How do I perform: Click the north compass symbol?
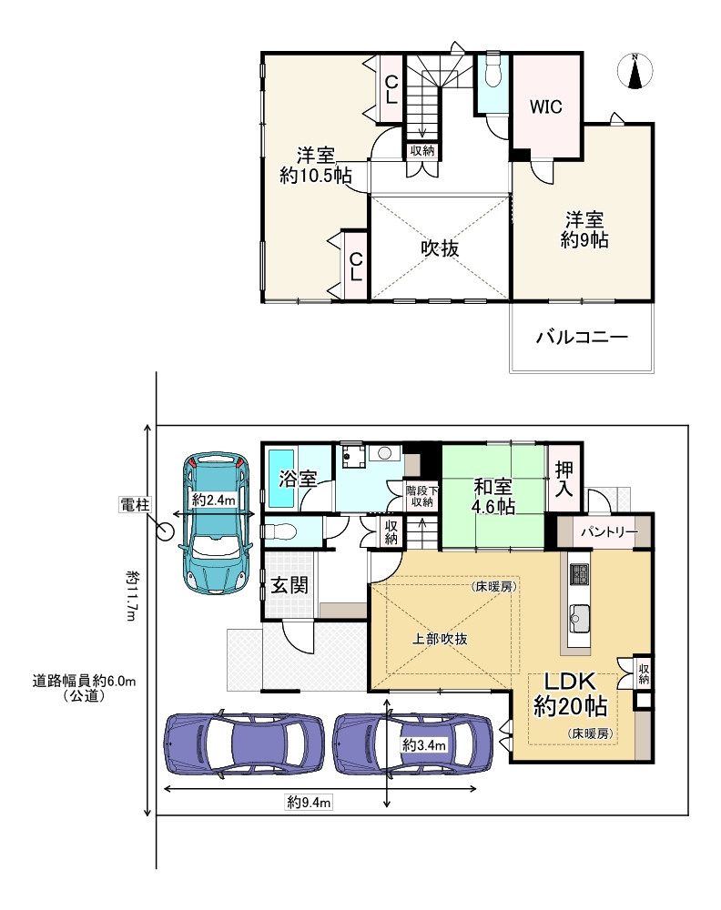635,71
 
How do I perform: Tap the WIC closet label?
545,106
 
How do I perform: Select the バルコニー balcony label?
582,337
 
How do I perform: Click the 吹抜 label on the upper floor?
440,248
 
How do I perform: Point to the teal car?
217,523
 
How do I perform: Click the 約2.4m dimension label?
214,499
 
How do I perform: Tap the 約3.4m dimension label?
424,744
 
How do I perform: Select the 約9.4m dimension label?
310,803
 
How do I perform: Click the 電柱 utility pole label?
135,505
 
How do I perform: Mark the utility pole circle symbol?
166,531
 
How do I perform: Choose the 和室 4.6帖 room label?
493,497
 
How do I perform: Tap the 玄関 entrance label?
289,585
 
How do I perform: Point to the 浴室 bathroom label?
298,479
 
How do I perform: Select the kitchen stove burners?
579,574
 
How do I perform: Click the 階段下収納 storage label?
422,497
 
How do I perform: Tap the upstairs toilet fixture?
493,71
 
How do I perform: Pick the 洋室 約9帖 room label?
584,230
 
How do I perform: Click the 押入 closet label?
564,480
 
